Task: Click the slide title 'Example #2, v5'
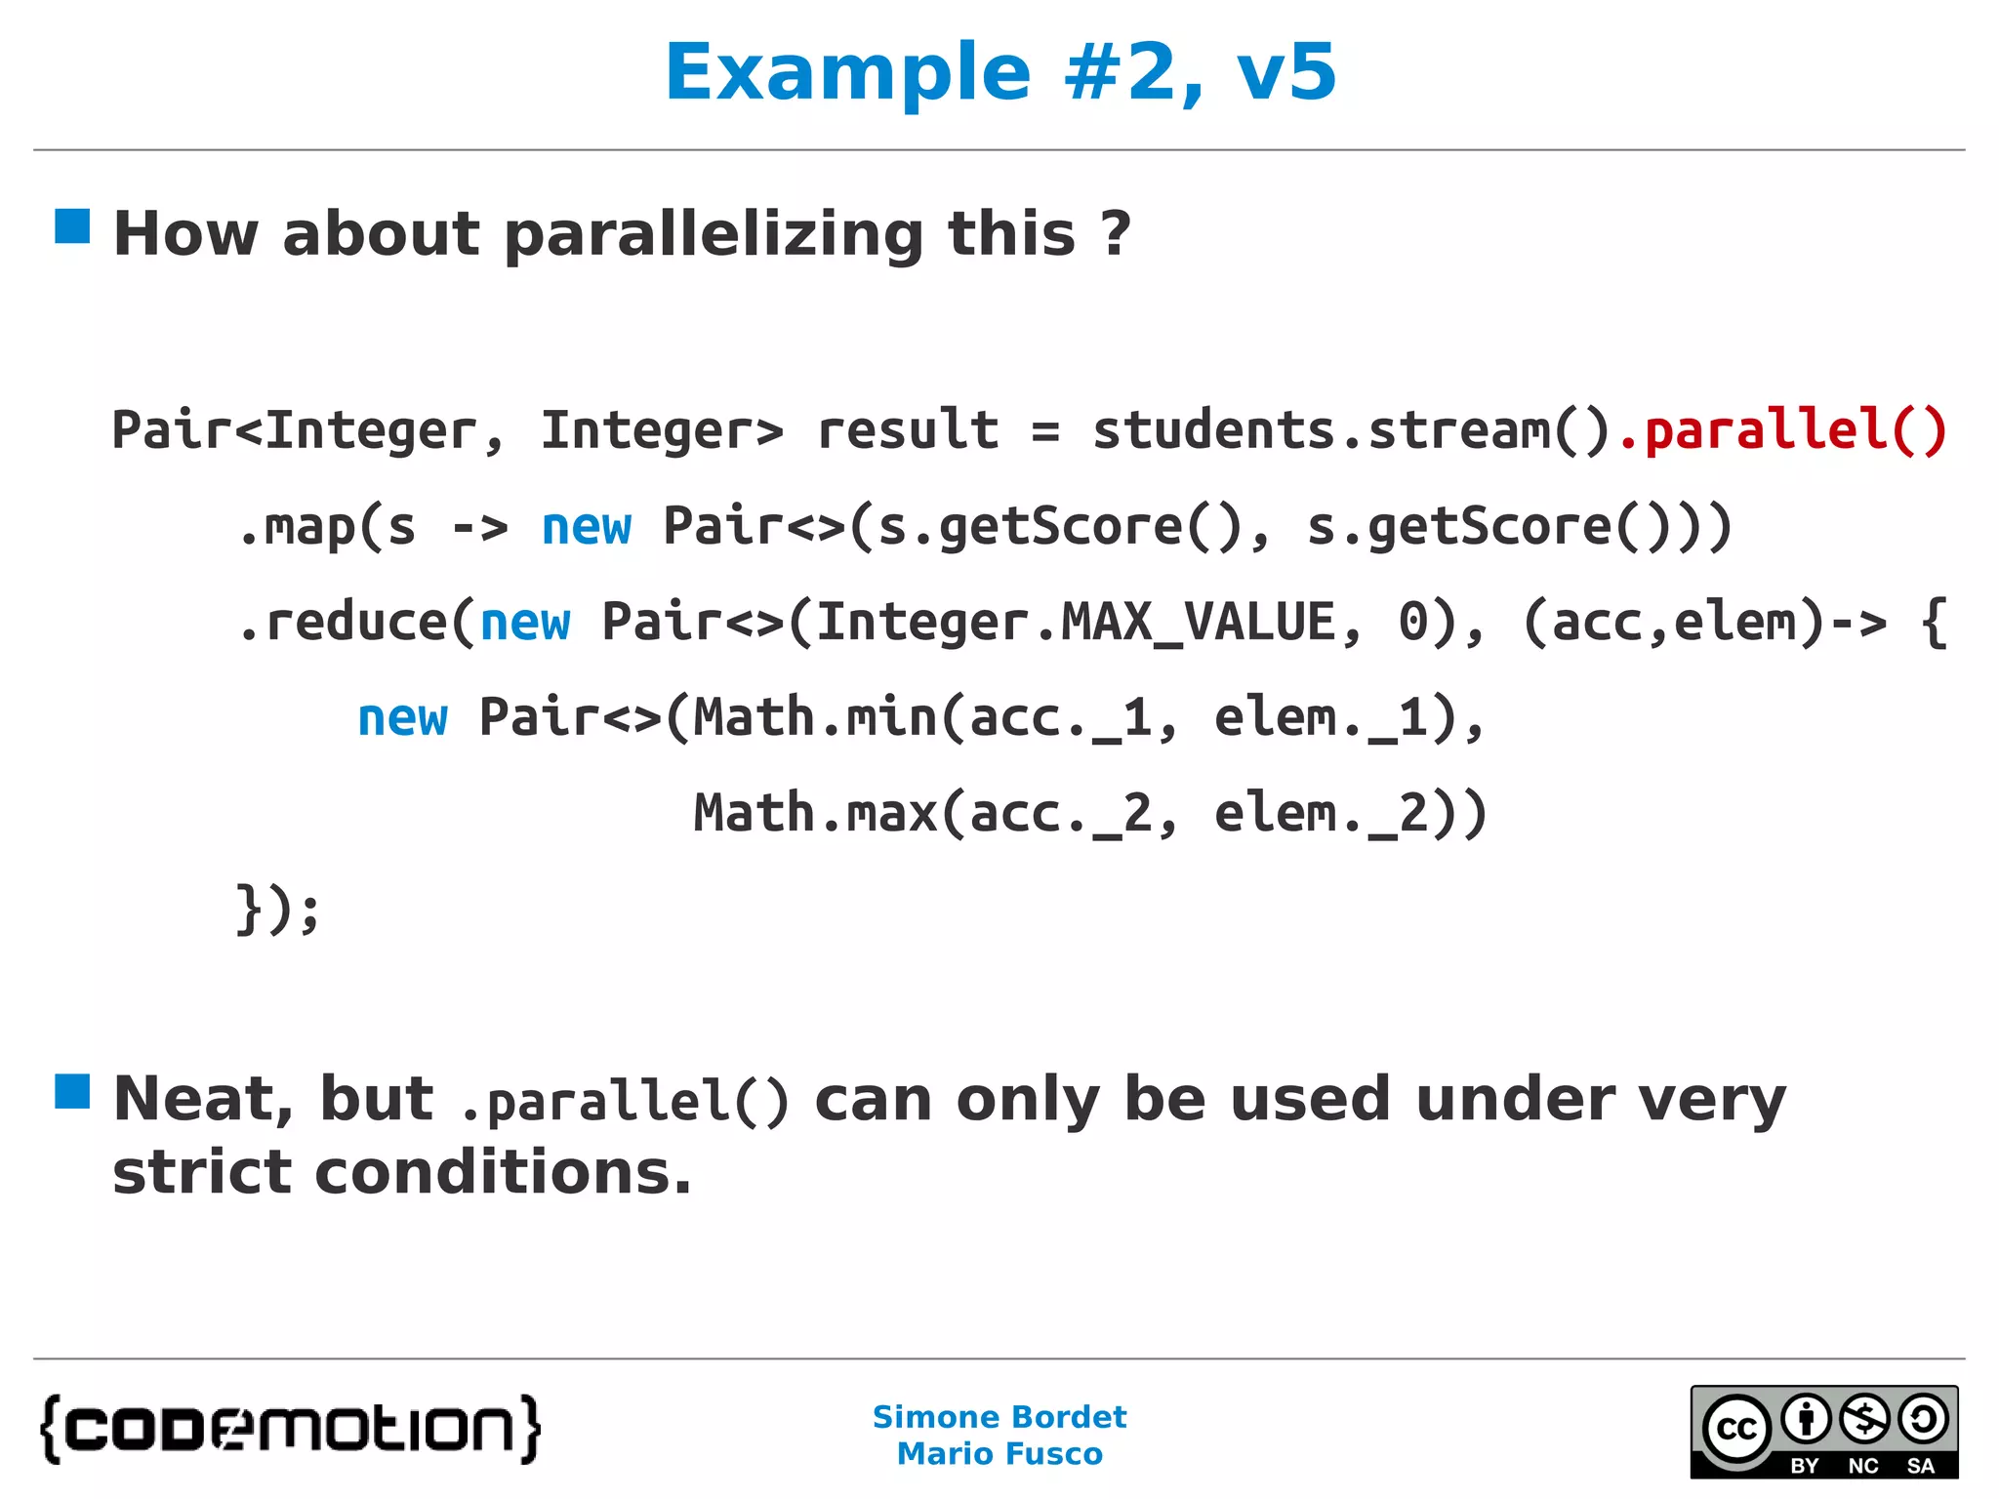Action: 999,72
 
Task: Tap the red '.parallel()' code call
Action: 1782,430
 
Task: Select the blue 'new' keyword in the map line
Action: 586,527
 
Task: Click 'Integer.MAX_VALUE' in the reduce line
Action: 1075,623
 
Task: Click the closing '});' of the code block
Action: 277,910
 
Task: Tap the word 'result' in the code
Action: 908,430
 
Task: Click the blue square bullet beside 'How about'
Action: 72,226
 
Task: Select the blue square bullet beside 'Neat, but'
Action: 72,1091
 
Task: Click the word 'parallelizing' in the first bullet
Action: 714,234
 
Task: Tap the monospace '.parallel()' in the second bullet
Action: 624,1102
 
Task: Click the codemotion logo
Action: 290,1429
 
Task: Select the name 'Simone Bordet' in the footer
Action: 999,1417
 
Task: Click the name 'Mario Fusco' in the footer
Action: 999,1454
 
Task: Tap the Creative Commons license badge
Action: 1823,1432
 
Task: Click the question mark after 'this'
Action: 1115,234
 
